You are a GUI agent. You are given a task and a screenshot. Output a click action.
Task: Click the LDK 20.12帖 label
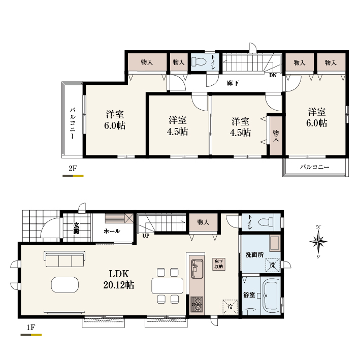119,279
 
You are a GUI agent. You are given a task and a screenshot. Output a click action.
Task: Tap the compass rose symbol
318,242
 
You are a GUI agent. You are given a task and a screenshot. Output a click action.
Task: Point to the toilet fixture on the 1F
266,222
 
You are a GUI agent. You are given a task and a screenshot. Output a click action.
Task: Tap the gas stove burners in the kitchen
197,304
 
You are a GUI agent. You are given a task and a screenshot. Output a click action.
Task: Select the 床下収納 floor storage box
219,264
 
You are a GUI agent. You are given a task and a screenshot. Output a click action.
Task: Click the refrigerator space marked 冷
230,307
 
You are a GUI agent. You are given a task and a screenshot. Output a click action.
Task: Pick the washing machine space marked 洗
273,265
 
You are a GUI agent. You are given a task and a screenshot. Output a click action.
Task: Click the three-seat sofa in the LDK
64,259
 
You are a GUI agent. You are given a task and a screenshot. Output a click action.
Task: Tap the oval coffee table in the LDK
65,285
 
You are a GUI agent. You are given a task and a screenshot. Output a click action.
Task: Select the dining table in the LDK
168,286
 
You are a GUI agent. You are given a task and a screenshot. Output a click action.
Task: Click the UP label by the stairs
146,236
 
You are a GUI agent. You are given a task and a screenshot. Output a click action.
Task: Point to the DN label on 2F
273,75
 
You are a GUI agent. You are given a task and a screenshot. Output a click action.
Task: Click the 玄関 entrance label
76,228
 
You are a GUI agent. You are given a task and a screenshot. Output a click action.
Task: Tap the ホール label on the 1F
112,231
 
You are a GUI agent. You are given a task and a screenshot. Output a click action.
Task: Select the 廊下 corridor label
233,83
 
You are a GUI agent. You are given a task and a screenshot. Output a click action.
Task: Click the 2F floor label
73,169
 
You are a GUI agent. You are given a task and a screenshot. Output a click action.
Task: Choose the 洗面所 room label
254,254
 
